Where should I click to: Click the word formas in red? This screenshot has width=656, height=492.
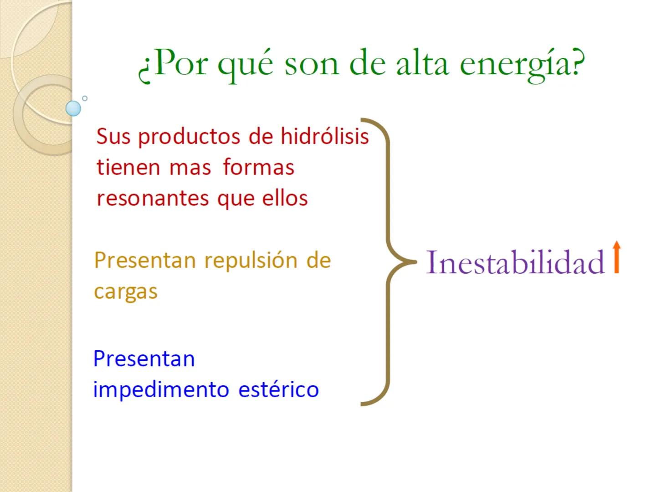(258, 167)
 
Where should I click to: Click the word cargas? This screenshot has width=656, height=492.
(125, 292)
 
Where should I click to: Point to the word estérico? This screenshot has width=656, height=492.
(278, 389)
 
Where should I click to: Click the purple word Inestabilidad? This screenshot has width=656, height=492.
(515, 263)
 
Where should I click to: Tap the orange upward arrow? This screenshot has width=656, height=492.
(616, 257)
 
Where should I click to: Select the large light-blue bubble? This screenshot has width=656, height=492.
(73, 108)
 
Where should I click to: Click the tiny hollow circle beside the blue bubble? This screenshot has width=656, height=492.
(85, 98)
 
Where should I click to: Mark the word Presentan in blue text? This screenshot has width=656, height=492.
(144, 359)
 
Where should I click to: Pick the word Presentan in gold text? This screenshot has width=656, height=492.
(145, 261)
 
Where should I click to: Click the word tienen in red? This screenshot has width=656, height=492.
(128, 167)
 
